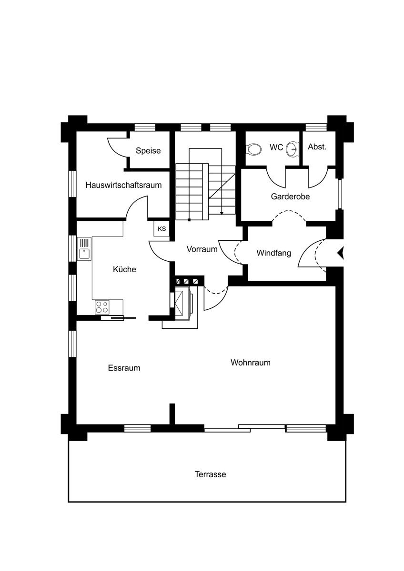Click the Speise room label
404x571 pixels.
click(148, 151)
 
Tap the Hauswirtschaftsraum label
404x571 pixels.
click(123, 185)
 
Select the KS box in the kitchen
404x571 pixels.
click(162, 229)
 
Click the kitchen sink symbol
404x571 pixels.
click(84, 248)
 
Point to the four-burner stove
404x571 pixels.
click(102, 307)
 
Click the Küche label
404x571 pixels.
click(124, 269)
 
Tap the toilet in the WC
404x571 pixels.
click(254, 149)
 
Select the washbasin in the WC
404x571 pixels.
click(293, 149)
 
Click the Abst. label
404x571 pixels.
click(317, 147)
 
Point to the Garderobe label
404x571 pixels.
click(290, 197)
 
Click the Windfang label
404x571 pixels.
click(274, 253)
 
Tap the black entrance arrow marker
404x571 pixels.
click(341, 253)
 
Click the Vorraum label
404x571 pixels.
click(202, 249)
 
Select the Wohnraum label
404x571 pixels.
click(251, 363)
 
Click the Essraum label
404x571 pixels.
click(124, 368)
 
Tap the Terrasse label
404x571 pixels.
click(210, 474)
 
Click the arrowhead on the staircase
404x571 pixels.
click(222, 213)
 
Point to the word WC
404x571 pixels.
click(276, 148)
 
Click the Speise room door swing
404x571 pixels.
click(117, 147)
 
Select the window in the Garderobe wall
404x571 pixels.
click(340, 194)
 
